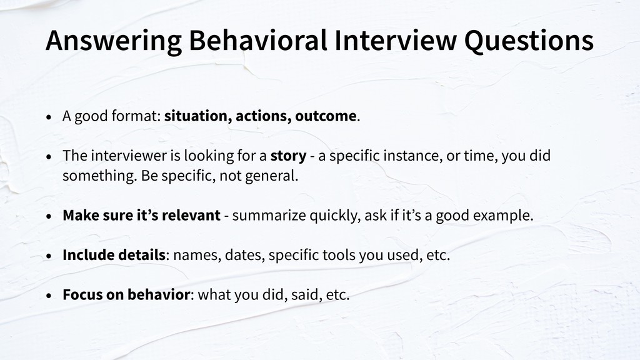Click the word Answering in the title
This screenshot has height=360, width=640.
pyautogui.click(x=114, y=41)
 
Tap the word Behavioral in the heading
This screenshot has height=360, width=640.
pyautogui.click(x=258, y=40)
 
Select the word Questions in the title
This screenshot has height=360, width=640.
pyautogui.click(x=529, y=41)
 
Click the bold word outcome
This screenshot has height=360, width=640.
pyautogui.click(x=326, y=116)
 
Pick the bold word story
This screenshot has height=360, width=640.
pyautogui.click(x=288, y=156)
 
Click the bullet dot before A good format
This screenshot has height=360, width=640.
pyautogui.click(x=49, y=117)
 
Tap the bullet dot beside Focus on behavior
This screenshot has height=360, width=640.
pyautogui.click(x=49, y=296)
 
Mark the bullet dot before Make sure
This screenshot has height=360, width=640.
pyautogui.click(x=49, y=216)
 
